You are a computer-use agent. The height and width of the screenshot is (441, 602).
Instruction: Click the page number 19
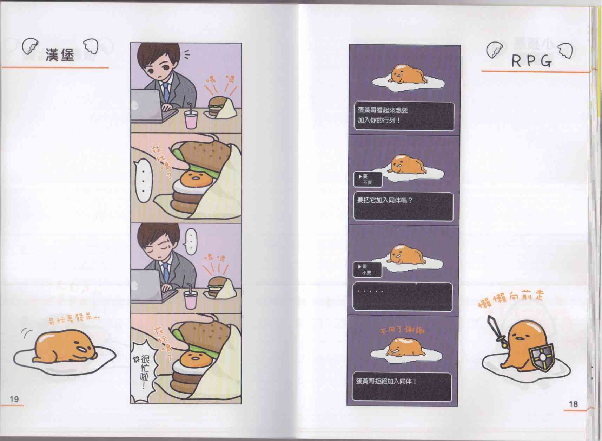pyautogui.click(x=14, y=399)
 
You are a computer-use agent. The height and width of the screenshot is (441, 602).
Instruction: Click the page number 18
pyautogui.click(x=573, y=404)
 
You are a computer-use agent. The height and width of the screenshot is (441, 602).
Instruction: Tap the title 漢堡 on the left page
pyautogui.click(x=60, y=55)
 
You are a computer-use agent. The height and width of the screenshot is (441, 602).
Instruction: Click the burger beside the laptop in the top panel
pyautogui.click(x=214, y=106)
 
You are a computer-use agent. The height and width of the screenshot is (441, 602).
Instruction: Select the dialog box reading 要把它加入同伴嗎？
pyautogui.click(x=403, y=206)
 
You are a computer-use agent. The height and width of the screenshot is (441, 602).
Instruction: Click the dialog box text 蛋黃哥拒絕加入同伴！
pyautogui.click(x=386, y=381)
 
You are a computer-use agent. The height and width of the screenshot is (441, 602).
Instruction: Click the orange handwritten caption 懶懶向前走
pyautogui.click(x=511, y=299)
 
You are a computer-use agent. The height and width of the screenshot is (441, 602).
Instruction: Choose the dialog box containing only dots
pyautogui.click(x=402, y=297)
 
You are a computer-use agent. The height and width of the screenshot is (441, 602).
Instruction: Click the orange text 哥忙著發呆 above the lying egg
pyautogui.click(x=74, y=319)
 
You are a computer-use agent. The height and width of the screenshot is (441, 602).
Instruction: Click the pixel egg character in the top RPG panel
pyautogui.click(x=408, y=75)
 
